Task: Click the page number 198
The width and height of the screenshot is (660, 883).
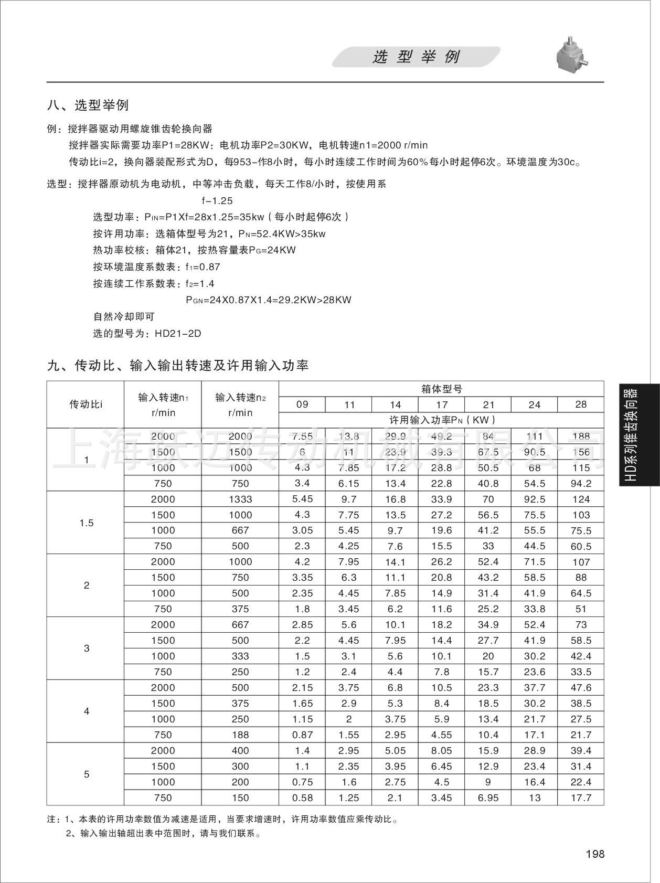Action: [x=594, y=854]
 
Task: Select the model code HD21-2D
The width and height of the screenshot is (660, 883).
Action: [x=178, y=334]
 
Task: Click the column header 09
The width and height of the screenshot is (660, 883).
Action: [x=302, y=405]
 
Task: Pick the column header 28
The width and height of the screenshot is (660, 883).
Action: [x=581, y=405]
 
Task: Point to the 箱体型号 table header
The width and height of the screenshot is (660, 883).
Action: [x=442, y=389]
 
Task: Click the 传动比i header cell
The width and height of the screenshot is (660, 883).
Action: [x=86, y=405]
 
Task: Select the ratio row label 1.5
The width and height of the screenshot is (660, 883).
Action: [x=86, y=523]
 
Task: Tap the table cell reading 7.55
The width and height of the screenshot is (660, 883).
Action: [x=302, y=436]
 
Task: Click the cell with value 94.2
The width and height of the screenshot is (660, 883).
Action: [x=581, y=483]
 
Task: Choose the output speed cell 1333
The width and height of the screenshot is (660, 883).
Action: [x=240, y=499]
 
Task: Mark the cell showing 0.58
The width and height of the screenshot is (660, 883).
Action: [x=302, y=797]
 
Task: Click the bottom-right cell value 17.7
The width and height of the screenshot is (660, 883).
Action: [x=581, y=797]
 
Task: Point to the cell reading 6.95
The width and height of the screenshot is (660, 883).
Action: [x=488, y=797]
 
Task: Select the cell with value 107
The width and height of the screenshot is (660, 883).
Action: [x=581, y=561]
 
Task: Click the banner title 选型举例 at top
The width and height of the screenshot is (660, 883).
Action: [x=416, y=57]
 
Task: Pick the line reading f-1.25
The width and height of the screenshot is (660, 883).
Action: [x=217, y=201]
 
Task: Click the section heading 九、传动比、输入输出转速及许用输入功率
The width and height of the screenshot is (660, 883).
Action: [x=178, y=366]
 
